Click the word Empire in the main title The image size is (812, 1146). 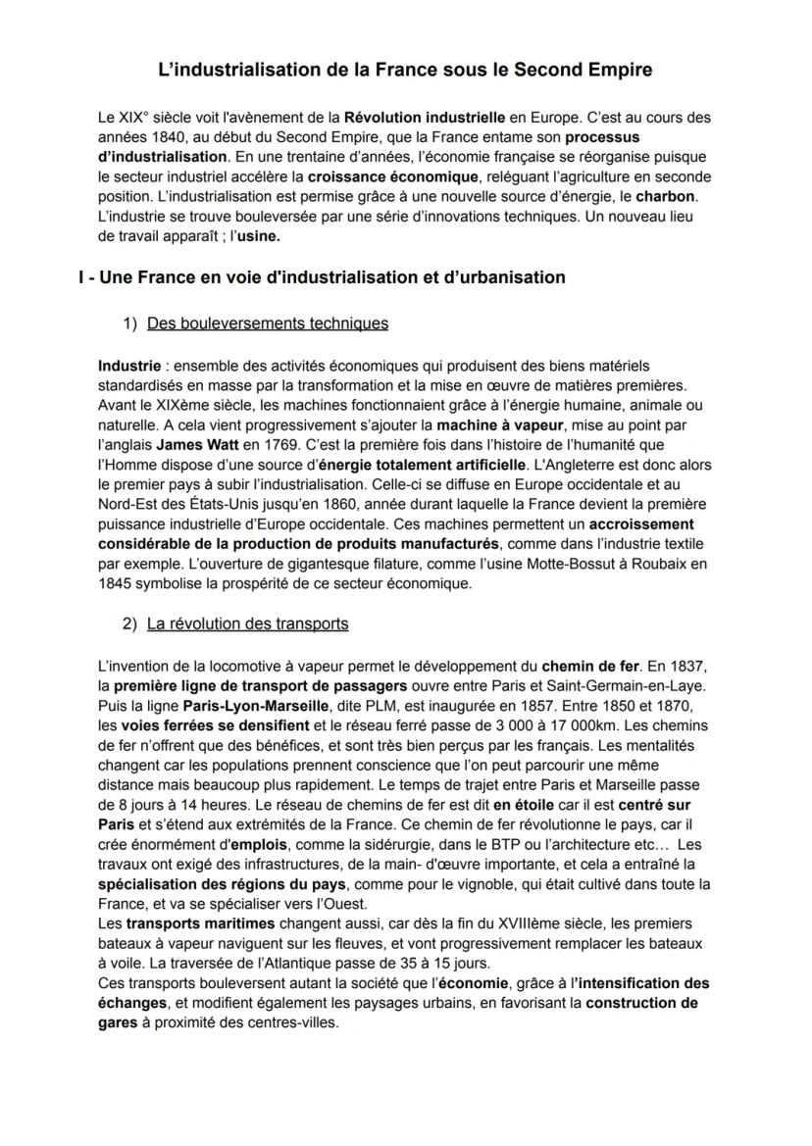pos(623,71)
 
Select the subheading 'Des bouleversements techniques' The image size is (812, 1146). pos(268,324)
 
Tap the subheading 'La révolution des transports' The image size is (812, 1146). pos(247,623)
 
